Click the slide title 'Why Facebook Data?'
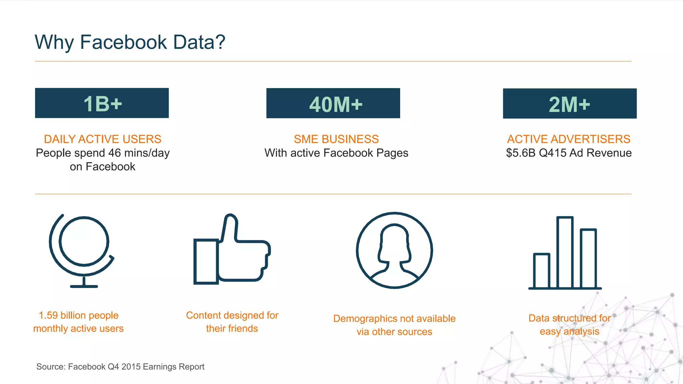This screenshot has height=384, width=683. click(x=130, y=42)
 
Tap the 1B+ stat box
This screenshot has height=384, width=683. click(x=102, y=103)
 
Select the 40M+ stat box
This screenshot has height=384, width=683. click(x=333, y=103)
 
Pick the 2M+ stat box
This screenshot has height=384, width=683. click(x=570, y=104)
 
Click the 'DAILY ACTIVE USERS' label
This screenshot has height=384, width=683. click(x=102, y=139)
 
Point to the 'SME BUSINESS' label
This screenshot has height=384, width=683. click(x=336, y=139)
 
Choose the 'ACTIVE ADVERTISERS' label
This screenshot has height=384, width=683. click(x=569, y=139)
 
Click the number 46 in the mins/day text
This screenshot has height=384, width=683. click(x=114, y=153)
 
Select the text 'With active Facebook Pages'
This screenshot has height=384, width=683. click(x=336, y=153)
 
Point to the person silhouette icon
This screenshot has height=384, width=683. click(x=394, y=250)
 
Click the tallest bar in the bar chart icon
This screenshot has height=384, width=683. click(x=565, y=252)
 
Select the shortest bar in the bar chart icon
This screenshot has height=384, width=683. click(x=541, y=271)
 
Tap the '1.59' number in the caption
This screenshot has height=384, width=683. click(x=48, y=315)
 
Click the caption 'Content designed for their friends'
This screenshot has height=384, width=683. click(x=232, y=322)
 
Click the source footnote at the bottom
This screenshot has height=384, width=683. click(x=120, y=367)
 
